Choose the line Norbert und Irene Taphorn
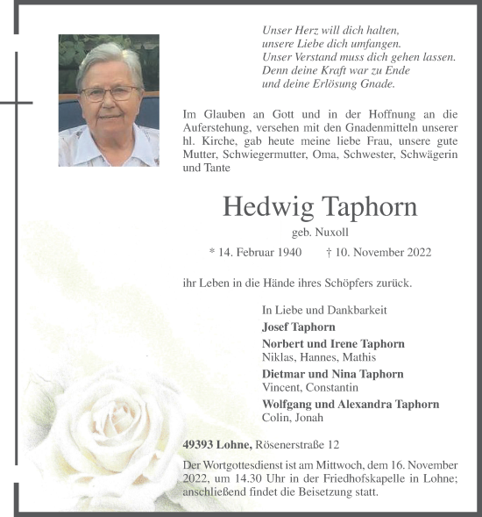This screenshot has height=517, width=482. click(x=333, y=342)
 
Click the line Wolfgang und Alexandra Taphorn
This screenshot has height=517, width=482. click(x=351, y=404)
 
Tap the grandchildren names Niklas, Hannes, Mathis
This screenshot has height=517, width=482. click(x=307, y=357)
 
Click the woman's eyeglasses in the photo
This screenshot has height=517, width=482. click(x=109, y=91)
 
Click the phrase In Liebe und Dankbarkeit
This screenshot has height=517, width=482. click(x=324, y=310)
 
